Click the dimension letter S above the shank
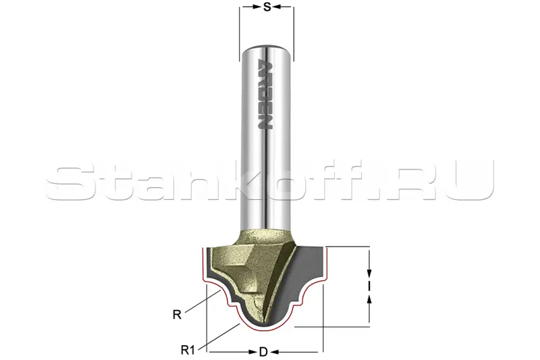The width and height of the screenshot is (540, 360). click(267, 7)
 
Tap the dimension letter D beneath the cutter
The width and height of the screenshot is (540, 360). click(263, 352)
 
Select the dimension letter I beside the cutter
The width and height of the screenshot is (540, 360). click(369, 286)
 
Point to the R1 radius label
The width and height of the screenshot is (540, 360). click(188, 351)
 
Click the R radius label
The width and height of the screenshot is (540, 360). click(177, 315)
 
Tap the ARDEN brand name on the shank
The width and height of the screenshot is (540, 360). click(265, 95)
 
